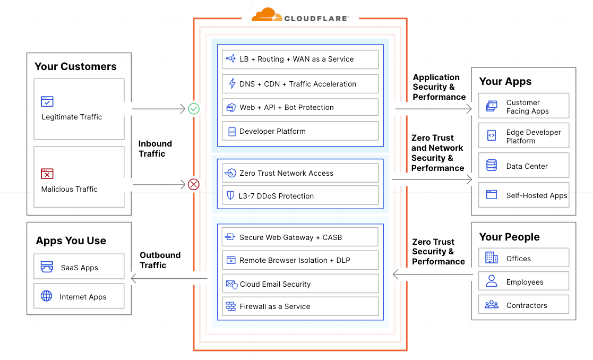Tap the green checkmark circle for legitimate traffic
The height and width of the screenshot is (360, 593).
point(194,109)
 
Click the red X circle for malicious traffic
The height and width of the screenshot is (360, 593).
point(194,184)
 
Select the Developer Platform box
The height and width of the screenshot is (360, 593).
point(300,131)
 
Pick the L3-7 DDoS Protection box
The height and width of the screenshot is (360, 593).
point(300,196)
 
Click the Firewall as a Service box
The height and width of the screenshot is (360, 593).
point(300,306)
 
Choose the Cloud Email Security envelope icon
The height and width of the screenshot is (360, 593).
point(231,284)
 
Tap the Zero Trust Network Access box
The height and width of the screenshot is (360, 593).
point(300,173)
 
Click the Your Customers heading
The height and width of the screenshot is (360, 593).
point(75,66)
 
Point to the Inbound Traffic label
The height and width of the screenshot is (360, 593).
point(155,149)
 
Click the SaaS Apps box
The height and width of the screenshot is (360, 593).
point(79,267)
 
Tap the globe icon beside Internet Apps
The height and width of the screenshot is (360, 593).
point(47,296)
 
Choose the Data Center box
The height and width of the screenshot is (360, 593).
point(523,166)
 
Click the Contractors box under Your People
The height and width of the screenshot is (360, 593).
point(523,305)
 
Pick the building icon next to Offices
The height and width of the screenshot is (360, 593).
point(492,258)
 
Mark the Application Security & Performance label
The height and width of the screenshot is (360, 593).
point(439,87)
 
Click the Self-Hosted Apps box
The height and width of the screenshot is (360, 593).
point(523,195)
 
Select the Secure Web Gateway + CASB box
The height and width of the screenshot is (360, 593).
point(300,237)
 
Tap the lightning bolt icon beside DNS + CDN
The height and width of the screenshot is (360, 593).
point(232,84)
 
